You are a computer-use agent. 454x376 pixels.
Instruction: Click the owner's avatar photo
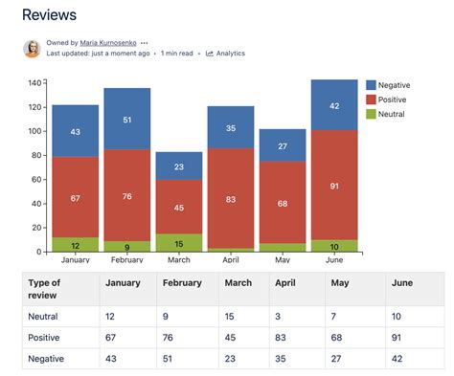pyautogui.click(x=32, y=48)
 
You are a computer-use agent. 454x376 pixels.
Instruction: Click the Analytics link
pyautogui.click(x=229, y=55)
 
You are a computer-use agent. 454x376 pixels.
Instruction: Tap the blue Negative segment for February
pyautogui.click(x=126, y=119)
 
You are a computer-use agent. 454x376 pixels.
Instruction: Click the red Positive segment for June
pyautogui.click(x=334, y=185)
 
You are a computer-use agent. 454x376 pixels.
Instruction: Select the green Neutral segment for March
pyautogui.click(x=179, y=243)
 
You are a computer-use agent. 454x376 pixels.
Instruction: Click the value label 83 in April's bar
pyautogui.click(x=231, y=199)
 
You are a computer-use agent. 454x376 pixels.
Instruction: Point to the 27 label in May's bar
pyautogui.click(x=283, y=146)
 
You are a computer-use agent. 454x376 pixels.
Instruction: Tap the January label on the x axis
pyautogui.click(x=75, y=259)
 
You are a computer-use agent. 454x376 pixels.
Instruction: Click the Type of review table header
pyautogui.click(x=45, y=289)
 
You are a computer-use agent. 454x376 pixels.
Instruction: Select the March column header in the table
pyautogui.click(x=238, y=282)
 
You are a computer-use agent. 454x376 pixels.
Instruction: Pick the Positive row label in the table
pyautogui.click(x=44, y=338)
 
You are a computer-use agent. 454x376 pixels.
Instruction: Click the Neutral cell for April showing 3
pyautogui.click(x=281, y=316)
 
